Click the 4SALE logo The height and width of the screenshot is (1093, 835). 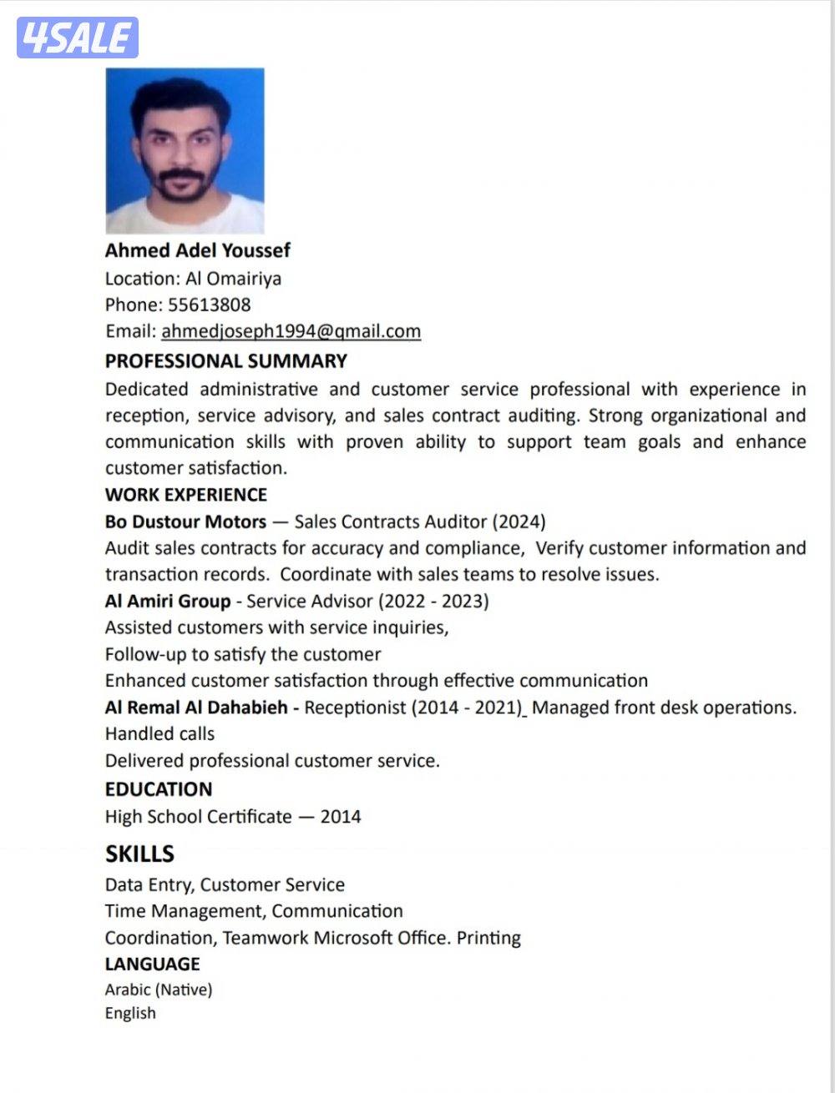77,38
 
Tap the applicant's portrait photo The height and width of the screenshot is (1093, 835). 185,150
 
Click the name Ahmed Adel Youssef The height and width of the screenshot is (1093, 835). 198,250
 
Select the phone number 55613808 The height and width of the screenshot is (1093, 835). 209,305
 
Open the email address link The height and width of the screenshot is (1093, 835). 291,331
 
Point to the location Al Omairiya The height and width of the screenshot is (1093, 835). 233,278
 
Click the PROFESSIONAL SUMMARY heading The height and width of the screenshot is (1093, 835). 225,361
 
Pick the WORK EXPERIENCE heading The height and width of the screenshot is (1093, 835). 185,495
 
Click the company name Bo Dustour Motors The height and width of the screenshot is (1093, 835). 185,521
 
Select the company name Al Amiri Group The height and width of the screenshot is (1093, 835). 168,601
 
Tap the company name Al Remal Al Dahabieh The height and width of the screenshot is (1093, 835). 196,708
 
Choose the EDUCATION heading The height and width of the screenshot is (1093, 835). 159,789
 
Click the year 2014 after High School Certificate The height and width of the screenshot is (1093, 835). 341,816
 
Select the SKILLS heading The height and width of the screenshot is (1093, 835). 139,854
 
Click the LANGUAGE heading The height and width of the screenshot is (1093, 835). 152,964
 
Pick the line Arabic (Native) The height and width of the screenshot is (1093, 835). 159,990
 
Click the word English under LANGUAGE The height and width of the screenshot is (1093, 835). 130,1013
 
